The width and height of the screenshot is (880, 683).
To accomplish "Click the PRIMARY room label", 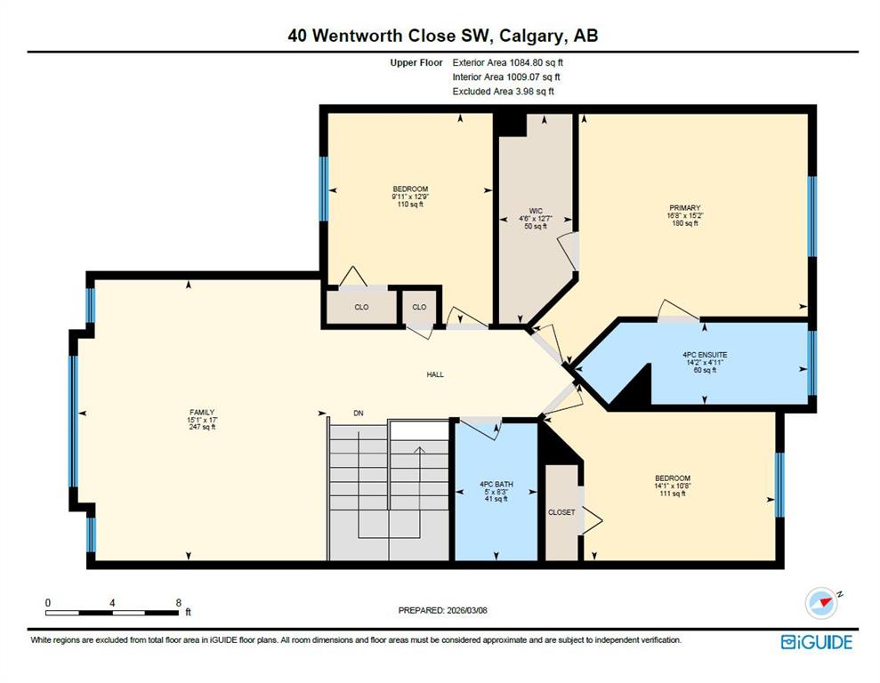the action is [685, 208].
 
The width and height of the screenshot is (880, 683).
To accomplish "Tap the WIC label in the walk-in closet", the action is [536, 212].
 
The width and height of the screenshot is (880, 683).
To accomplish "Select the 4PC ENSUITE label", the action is [705, 355].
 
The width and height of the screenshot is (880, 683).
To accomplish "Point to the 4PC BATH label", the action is [497, 485].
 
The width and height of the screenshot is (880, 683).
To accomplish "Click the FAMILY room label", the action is [202, 412].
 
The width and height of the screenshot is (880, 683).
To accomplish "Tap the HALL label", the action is [435, 374].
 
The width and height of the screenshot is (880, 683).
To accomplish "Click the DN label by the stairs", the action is [359, 414].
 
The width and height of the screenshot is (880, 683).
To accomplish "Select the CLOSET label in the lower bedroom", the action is [561, 512].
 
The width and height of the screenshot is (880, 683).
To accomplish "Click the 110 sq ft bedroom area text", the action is [410, 205].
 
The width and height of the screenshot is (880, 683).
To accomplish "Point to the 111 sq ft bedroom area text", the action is [673, 494].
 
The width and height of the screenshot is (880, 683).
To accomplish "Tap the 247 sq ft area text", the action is [202, 427].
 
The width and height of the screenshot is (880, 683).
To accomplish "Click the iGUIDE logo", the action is [817, 642].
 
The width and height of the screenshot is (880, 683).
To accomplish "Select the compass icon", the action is [822, 603].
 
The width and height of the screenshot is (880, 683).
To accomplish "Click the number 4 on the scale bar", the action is [112, 603].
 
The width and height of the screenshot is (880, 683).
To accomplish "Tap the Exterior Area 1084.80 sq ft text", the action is [507, 63].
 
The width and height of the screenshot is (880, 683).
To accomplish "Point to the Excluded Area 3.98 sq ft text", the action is [503, 92].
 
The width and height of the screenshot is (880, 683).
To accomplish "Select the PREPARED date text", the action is [443, 610].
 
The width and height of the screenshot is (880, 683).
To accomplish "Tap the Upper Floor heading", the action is [416, 63].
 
